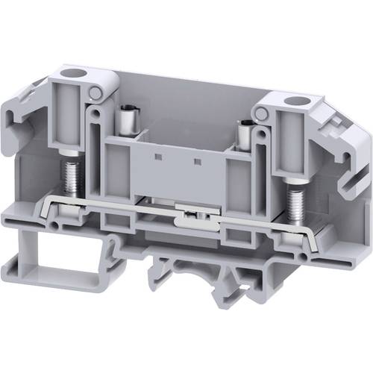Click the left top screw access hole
click(74, 74)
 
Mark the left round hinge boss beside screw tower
click(97, 93)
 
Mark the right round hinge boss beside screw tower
click(260, 113)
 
